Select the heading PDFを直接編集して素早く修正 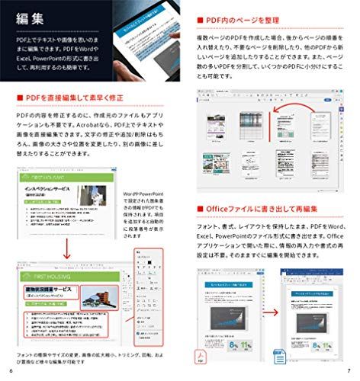(x=83, y=97)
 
